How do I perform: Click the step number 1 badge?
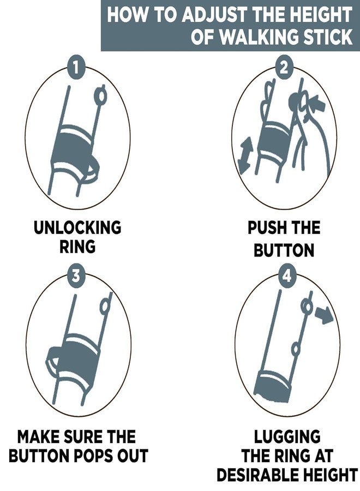point(75,67)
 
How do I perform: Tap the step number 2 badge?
point(283,67)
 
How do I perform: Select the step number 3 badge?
point(76,277)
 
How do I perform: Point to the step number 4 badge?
point(287,277)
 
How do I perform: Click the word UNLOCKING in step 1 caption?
point(77,227)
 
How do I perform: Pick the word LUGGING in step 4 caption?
point(287,437)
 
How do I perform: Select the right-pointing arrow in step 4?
point(324,314)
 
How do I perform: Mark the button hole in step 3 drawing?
point(105,307)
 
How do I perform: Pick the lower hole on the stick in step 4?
point(296,348)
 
